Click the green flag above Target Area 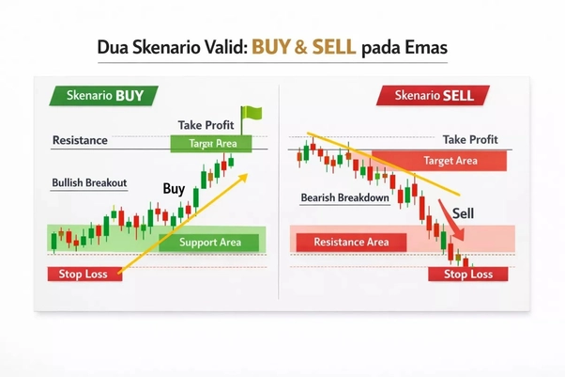[x=252, y=116]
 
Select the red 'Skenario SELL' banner [x=433, y=95]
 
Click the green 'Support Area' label [x=211, y=243]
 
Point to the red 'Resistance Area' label [x=351, y=243]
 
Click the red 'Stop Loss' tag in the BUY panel [x=84, y=275]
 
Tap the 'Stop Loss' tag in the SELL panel [x=467, y=275]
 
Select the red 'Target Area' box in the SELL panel [x=450, y=161]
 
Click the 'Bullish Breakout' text [x=89, y=182]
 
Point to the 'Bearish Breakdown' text [x=344, y=198]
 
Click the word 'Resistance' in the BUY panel [x=80, y=141]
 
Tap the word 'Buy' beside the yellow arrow [x=174, y=189]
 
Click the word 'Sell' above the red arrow [x=464, y=213]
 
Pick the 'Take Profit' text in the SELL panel [x=470, y=139]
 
